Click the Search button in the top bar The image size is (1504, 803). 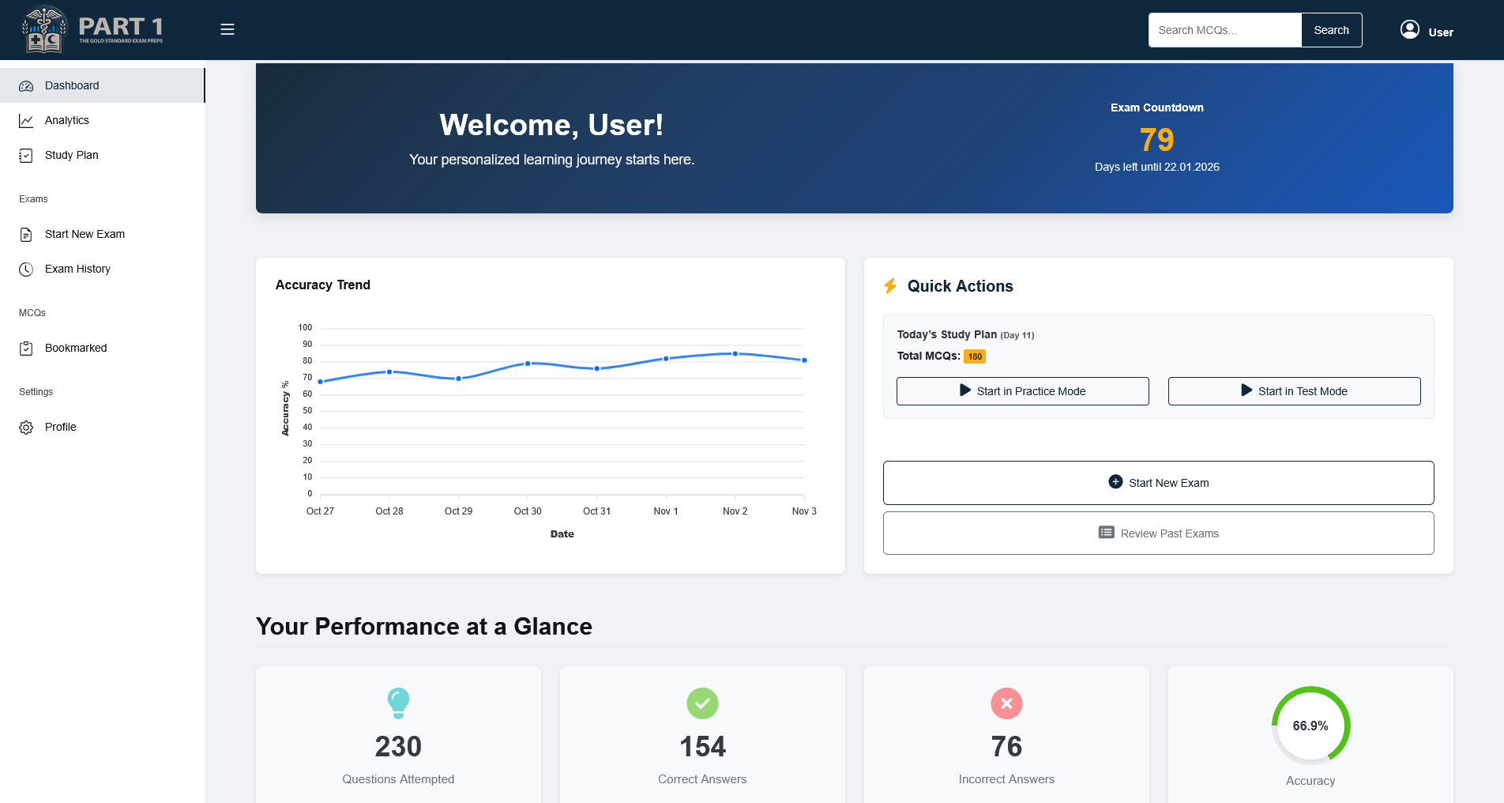click(x=1331, y=30)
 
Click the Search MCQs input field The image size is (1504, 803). click(x=1224, y=30)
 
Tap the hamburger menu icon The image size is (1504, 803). click(x=227, y=29)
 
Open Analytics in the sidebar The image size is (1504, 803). click(x=67, y=120)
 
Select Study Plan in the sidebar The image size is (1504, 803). click(x=71, y=155)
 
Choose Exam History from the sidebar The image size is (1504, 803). click(x=77, y=269)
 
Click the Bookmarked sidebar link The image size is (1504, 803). click(x=76, y=348)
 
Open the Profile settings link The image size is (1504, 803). click(x=60, y=427)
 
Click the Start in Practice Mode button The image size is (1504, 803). click(x=1022, y=391)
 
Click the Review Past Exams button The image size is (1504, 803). click(x=1158, y=533)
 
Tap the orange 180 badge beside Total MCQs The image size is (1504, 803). click(x=975, y=356)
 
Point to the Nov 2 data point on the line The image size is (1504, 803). click(x=735, y=353)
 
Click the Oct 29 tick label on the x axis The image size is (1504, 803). click(x=458, y=511)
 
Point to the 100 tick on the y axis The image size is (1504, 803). click(x=305, y=327)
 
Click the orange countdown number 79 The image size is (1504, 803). click(x=1156, y=140)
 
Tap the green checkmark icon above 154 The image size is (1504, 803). click(x=702, y=703)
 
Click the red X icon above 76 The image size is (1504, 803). click(x=1006, y=703)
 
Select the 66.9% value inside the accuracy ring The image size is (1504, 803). click(x=1310, y=726)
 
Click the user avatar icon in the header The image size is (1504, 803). click(x=1409, y=30)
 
